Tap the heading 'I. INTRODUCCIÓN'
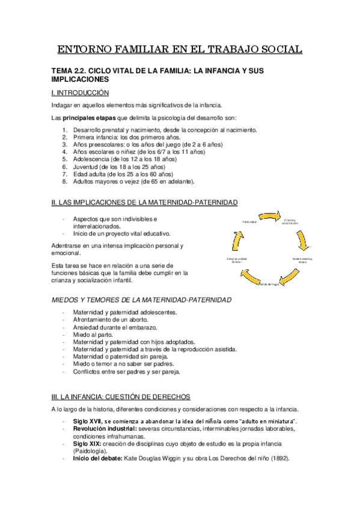(x=80, y=93)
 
